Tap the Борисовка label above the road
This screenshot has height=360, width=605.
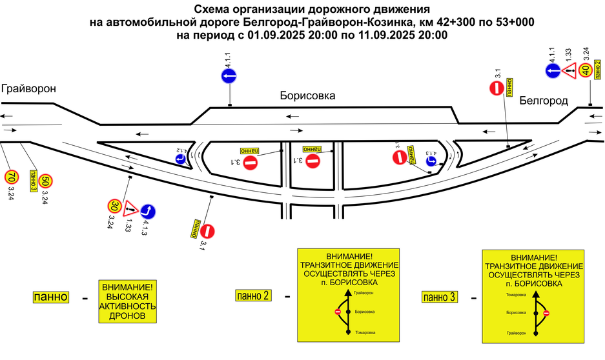click(307, 95)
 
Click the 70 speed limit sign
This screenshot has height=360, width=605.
click(11, 176)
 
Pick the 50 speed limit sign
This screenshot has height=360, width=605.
click(45, 181)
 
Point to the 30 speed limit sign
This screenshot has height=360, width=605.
click(114, 206)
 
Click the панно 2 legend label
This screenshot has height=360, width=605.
click(253, 295)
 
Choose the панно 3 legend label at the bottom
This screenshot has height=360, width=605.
click(439, 297)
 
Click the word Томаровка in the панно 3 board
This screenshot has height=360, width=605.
click(516, 295)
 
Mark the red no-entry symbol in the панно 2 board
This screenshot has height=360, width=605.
click(337, 312)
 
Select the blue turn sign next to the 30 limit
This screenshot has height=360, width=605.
click(148, 211)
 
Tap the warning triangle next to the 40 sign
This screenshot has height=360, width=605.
click(569, 71)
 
